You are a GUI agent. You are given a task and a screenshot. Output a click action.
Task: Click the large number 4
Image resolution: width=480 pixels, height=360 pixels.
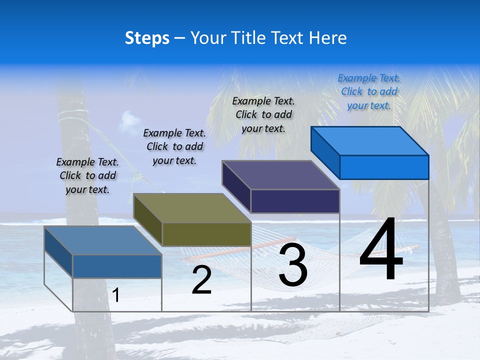381,251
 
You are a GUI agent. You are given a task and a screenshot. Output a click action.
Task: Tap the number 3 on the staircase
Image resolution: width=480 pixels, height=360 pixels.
292,265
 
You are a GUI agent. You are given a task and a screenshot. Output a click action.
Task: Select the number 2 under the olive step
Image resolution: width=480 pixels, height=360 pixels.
201,280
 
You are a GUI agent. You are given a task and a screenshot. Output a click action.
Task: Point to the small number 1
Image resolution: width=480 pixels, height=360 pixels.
116,295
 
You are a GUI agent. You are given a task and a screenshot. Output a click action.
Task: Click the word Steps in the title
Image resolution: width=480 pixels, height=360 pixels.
147,38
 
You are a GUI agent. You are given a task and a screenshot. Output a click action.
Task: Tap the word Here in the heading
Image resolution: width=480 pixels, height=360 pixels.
328,38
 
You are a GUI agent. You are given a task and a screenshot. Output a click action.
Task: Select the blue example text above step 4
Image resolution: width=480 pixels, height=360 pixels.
369,92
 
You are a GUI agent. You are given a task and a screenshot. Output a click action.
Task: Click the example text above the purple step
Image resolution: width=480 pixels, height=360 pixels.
263,114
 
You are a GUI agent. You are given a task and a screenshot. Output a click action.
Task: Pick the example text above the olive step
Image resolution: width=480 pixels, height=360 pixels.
174,146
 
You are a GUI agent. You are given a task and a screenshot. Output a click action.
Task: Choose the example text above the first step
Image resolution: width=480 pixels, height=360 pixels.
87,175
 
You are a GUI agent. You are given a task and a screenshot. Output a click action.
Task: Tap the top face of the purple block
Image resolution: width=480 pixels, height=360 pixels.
281,175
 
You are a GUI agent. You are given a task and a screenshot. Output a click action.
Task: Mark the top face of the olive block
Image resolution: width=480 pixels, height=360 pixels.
192,208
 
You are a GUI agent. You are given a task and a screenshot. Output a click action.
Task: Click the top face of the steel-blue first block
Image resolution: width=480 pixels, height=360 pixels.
103,240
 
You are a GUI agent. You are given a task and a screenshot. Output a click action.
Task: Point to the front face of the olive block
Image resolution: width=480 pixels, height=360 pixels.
206,234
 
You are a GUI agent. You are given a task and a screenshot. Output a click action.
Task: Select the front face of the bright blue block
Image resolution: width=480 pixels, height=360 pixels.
384,167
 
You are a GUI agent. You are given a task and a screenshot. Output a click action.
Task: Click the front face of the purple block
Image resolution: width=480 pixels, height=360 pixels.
295,201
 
